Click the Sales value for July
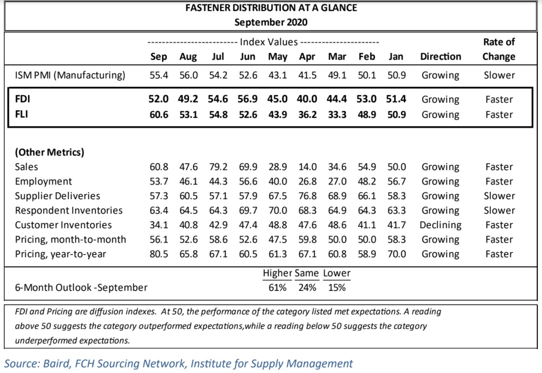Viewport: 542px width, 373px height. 218,167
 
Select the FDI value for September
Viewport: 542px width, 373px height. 158,99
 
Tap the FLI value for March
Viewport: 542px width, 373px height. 337,114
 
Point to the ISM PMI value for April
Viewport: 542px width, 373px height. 307,75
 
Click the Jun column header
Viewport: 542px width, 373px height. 247,56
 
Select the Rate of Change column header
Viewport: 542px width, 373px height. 499,49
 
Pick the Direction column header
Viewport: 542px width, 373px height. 440,56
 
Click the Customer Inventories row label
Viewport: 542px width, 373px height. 63,225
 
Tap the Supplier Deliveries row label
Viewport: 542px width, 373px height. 58,196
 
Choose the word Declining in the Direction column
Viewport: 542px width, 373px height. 440,225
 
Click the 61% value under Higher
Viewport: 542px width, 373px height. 277,288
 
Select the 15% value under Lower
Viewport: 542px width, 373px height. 337,288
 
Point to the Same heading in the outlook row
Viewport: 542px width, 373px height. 307,273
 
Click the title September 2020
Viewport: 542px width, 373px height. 271,22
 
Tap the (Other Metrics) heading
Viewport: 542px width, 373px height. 49,152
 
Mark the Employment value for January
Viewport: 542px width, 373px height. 396,181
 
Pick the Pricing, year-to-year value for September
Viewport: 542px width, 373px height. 159,254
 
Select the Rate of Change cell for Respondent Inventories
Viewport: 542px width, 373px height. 499,210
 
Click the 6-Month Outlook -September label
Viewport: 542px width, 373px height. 81,288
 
